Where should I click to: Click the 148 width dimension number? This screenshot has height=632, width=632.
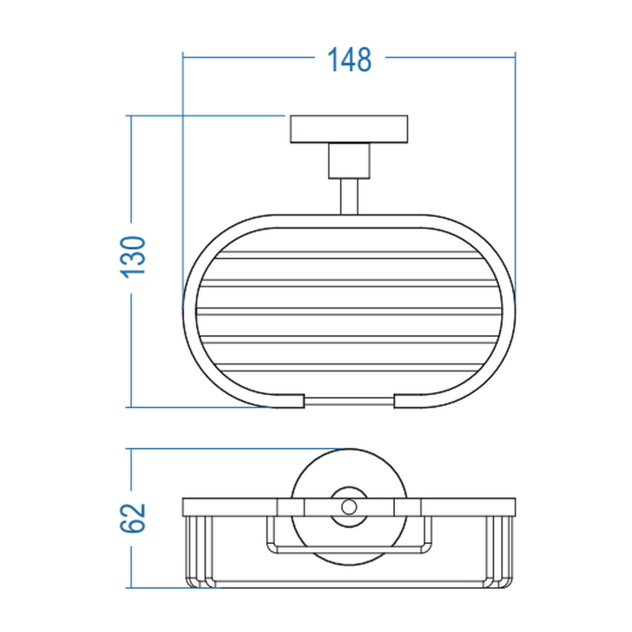(349, 59)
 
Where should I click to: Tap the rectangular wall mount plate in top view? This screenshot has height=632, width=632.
(349, 129)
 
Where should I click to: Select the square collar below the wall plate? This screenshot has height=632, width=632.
(349, 161)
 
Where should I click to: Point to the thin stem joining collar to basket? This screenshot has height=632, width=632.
(349, 197)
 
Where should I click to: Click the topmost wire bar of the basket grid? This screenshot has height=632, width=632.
(349, 255)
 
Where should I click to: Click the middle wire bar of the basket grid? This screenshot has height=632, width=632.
(349, 312)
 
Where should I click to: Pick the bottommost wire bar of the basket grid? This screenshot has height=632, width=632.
(349, 368)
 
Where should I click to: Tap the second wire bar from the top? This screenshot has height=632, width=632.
(349, 283)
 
